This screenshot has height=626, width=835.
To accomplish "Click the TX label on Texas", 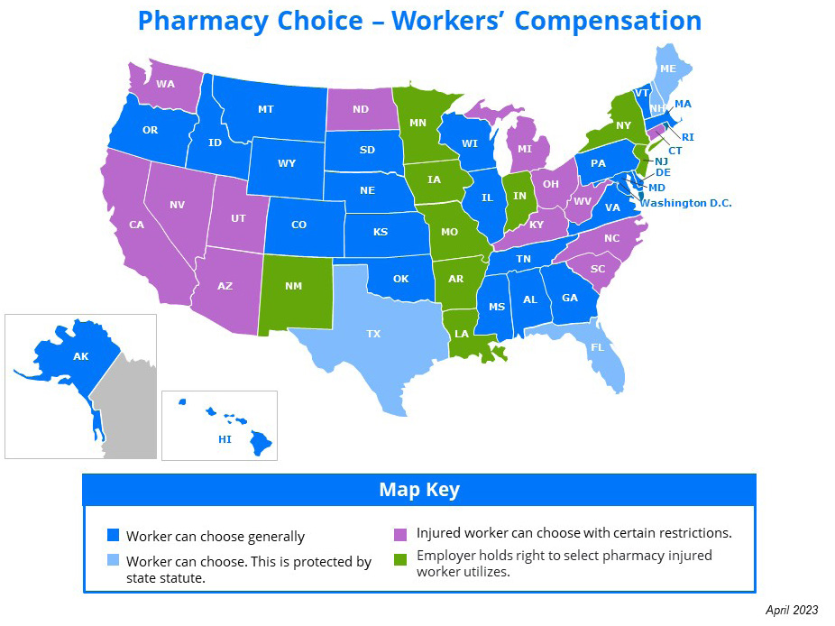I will coord(373,334).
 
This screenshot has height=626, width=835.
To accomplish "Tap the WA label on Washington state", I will coord(165,84).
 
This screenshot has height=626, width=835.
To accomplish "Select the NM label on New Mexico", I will coord(293,286).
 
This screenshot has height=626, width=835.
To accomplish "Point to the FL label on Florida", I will coord(598,347).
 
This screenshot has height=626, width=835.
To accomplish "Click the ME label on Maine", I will coord(668,69).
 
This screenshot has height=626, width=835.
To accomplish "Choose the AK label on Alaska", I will coord(81,356).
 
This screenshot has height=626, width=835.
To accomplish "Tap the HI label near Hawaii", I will coord(225,439).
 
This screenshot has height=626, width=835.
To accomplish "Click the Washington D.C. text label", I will coord(685,203).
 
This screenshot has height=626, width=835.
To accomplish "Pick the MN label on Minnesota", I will coord(418,123).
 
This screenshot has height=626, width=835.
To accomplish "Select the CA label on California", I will coord(137,225).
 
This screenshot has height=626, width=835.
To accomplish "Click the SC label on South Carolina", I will coord(598,268).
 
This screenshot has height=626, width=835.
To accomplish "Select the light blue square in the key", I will coord(113,562).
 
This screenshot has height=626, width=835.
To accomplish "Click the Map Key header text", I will coord(419,490).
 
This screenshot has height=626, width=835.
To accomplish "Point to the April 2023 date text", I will coord(792,611).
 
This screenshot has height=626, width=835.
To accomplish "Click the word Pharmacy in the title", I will coord(213,21).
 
